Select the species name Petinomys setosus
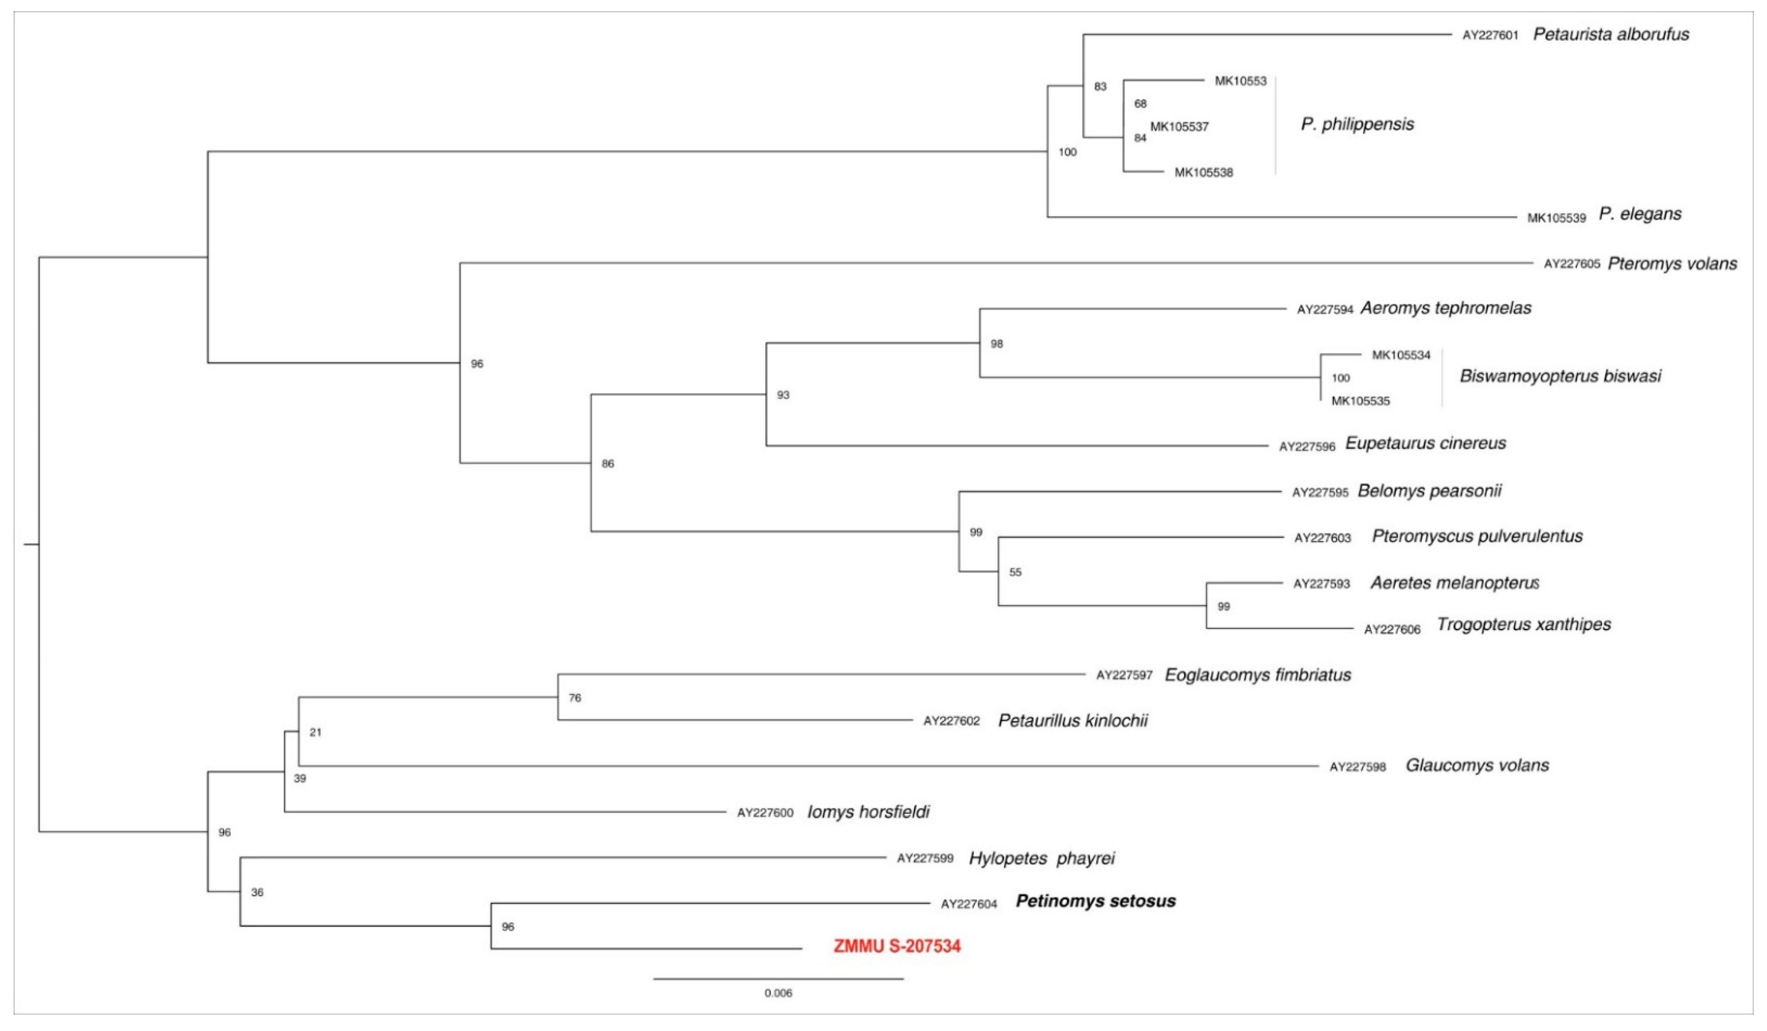click(x=1095, y=901)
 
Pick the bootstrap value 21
click(x=316, y=733)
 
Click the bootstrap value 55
click(x=1014, y=573)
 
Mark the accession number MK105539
click(x=1556, y=218)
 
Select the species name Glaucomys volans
click(x=1477, y=765)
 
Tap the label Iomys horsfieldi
click(x=868, y=812)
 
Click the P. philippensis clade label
click(x=1357, y=125)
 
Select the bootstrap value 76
click(x=575, y=698)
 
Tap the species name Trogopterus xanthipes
click(x=1523, y=624)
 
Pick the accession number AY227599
click(x=925, y=858)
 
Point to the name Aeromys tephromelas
click(x=1445, y=308)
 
